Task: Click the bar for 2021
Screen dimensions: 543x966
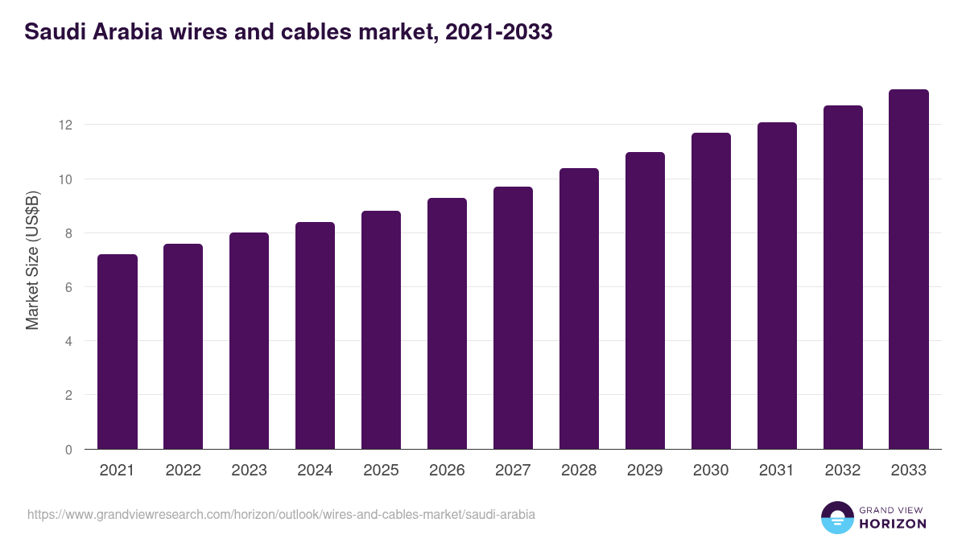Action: pos(118,352)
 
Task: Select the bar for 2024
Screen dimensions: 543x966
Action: pos(315,335)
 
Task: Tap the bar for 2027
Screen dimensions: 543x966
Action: pos(513,318)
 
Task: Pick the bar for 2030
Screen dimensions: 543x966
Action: pos(711,290)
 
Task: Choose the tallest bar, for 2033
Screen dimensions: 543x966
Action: pos(909,269)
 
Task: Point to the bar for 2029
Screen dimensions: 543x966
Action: pos(645,300)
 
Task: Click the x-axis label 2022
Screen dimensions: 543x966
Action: pos(184,471)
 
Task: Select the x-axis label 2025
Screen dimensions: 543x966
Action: pos(381,471)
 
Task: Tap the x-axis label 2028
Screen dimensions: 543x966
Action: pos(579,471)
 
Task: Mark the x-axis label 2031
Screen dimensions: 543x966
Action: pos(777,471)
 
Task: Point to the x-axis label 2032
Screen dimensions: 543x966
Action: pos(843,471)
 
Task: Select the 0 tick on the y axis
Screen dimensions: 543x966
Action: pos(68,450)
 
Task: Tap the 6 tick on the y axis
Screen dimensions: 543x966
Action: pos(68,287)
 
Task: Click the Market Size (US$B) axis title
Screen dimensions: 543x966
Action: pos(32,260)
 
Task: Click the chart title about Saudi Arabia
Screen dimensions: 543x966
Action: pos(288,32)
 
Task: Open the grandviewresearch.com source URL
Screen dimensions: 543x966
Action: pos(281,514)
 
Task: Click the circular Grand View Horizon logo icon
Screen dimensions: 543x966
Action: pos(836,517)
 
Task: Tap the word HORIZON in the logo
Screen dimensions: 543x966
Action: pos(892,524)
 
